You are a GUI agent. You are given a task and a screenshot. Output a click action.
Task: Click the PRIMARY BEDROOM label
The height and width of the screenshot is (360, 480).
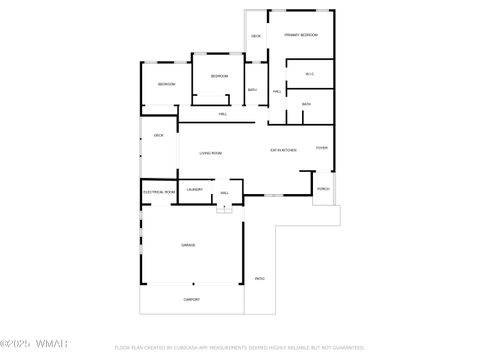click(x=301, y=35)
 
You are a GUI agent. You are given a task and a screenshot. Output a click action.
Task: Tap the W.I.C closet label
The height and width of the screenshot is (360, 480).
click(x=310, y=73)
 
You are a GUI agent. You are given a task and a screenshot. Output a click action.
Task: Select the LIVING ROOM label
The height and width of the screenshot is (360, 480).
click(x=210, y=153)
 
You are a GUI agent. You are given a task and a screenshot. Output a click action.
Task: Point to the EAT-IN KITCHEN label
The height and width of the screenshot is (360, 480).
click(x=283, y=150)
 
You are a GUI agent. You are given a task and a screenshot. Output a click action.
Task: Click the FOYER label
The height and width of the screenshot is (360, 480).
click(x=322, y=148)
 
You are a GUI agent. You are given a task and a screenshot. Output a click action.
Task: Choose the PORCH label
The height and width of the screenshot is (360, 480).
click(x=323, y=188)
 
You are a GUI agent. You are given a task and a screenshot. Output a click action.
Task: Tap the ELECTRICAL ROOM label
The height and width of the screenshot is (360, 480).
click(x=159, y=191)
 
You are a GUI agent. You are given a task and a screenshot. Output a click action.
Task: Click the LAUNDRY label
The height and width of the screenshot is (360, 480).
click(x=195, y=190)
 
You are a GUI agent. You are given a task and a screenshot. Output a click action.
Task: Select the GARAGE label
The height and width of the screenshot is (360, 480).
click(x=188, y=245)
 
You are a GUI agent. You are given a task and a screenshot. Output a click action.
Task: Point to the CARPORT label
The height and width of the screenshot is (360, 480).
click(x=191, y=299)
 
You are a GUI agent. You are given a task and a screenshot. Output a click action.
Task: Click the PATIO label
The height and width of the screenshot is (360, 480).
click(x=260, y=278)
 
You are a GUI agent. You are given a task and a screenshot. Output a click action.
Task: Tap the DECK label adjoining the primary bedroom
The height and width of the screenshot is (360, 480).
click(x=256, y=36)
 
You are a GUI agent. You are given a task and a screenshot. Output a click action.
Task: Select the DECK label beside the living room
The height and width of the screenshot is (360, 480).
click(x=158, y=136)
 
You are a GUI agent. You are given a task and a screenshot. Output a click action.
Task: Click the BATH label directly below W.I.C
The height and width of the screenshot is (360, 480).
click(x=306, y=104)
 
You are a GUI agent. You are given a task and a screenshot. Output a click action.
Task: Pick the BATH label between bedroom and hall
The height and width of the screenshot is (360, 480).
click(x=253, y=91)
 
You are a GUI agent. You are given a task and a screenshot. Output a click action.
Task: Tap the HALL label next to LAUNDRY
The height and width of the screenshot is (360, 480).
click(x=225, y=192)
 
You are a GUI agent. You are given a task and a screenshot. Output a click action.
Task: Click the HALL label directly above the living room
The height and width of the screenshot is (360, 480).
click(x=222, y=114)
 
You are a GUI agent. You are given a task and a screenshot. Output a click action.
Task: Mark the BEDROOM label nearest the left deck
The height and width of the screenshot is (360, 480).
click(x=167, y=84)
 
